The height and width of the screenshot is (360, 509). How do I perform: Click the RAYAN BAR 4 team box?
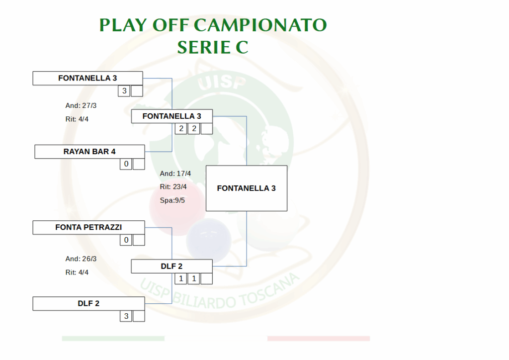click(x=89, y=152)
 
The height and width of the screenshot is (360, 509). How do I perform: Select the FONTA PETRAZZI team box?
click(x=88, y=227)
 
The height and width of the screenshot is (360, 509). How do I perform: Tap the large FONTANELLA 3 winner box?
click(x=247, y=188)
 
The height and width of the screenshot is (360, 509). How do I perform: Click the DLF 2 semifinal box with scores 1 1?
click(x=171, y=266)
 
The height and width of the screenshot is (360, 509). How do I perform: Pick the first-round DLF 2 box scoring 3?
click(x=88, y=303)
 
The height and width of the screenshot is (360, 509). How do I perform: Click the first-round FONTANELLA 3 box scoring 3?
click(x=87, y=78)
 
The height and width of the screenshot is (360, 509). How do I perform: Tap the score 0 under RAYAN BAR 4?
click(x=126, y=164)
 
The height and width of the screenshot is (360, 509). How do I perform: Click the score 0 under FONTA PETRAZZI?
click(x=126, y=240)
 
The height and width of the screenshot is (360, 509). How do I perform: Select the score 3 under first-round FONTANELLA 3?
click(x=124, y=91)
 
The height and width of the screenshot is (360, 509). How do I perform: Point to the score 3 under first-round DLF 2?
click(x=126, y=316)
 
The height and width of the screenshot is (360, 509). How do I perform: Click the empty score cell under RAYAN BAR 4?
click(x=139, y=164)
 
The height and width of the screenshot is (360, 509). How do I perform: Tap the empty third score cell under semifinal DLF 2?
click(x=206, y=278)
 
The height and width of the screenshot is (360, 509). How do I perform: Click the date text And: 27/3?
click(x=81, y=105)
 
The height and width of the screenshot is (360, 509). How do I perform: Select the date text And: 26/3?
click(x=81, y=259)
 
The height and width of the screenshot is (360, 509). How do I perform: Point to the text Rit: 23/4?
click(x=173, y=186)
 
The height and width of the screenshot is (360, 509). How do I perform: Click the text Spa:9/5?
click(x=172, y=200)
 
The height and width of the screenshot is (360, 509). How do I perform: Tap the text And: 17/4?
click(x=175, y=174)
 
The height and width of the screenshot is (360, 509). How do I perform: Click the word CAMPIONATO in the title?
click(x=260, y=25)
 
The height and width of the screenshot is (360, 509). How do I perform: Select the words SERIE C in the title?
click(x=213, y=47)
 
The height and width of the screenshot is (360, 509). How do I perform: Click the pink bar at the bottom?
click(x=319, y=338)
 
